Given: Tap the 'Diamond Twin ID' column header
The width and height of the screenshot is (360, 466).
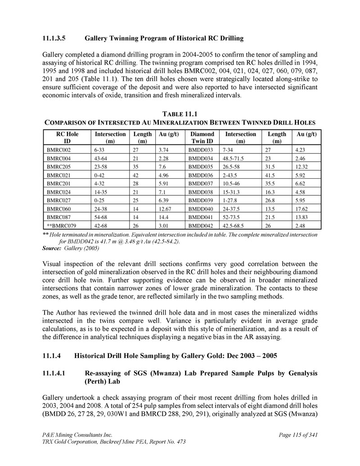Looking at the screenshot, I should (202, 137).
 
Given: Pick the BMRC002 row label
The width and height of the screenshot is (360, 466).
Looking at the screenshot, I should (58, 149).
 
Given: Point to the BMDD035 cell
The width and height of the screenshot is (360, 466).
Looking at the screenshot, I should (201, 167).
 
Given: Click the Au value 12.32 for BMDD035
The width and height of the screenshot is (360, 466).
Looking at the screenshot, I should (302, 167).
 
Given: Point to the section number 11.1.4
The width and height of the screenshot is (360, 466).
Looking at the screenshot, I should (51, 356).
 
